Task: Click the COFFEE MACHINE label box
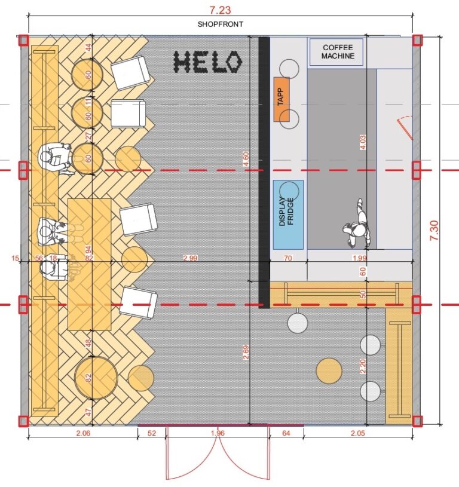coord(336,52)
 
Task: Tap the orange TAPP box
coord(281,99)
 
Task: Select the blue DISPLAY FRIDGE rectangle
coord(288,215)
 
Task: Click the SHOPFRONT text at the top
coord(221,24)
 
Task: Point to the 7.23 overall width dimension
coord(220,10)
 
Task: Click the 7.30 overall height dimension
coord(434,230)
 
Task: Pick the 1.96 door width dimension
coord(218,433)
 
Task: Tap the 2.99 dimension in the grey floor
coord(191,258)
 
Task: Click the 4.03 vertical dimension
coord(363,142)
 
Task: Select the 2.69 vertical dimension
coord(246,352)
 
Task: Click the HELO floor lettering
coord(207,62)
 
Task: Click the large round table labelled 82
coord(96,378)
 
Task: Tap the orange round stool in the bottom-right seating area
coord(329,371)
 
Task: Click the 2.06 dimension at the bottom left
coord(83,433)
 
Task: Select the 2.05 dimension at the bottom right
coord(358,433)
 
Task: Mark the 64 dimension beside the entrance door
coord(286,433)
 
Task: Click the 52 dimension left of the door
coord(152,433)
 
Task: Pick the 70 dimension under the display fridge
coord(288,258)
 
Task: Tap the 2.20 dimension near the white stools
coord(363,366)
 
